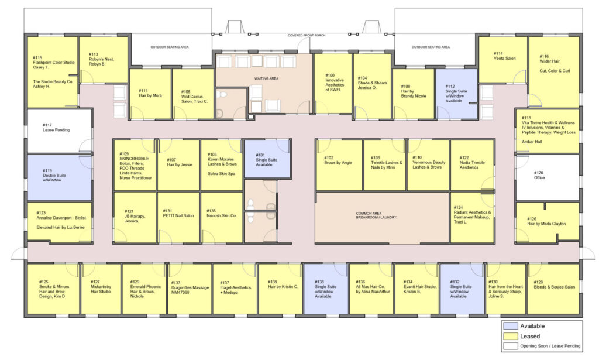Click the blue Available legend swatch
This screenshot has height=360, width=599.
(x=510, y=326)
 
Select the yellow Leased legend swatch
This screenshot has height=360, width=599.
(x=510, y=337)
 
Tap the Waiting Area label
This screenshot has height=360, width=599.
(x=266, y=78)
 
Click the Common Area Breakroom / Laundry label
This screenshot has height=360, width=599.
(x=376, y=215)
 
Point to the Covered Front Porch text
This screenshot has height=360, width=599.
(x=307, y=35)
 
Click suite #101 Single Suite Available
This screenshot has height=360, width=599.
(x=267, y=159)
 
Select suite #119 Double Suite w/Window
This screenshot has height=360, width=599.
(x=60, y=178)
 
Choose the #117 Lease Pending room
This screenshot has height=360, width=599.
(x=60, y=132)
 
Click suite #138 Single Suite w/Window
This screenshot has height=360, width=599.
(x=326, y=289)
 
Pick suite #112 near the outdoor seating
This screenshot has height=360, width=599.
(x=456, y=94)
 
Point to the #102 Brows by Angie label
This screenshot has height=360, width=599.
(x=338, y=160)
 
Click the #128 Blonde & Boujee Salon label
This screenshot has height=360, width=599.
(x=555, y=284)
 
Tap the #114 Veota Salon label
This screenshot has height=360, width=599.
(x=504, y=56)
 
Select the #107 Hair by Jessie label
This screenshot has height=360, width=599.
(x=180, y=162)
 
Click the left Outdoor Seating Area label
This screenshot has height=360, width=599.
(x=170, y=47)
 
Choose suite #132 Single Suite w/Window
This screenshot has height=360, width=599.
(x=462, y=289)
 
